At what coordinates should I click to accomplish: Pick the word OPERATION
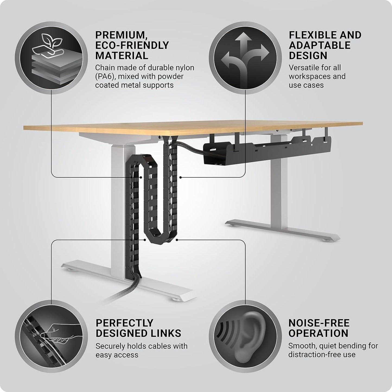coord(318,333)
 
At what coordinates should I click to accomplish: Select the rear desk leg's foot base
coord(282,228)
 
